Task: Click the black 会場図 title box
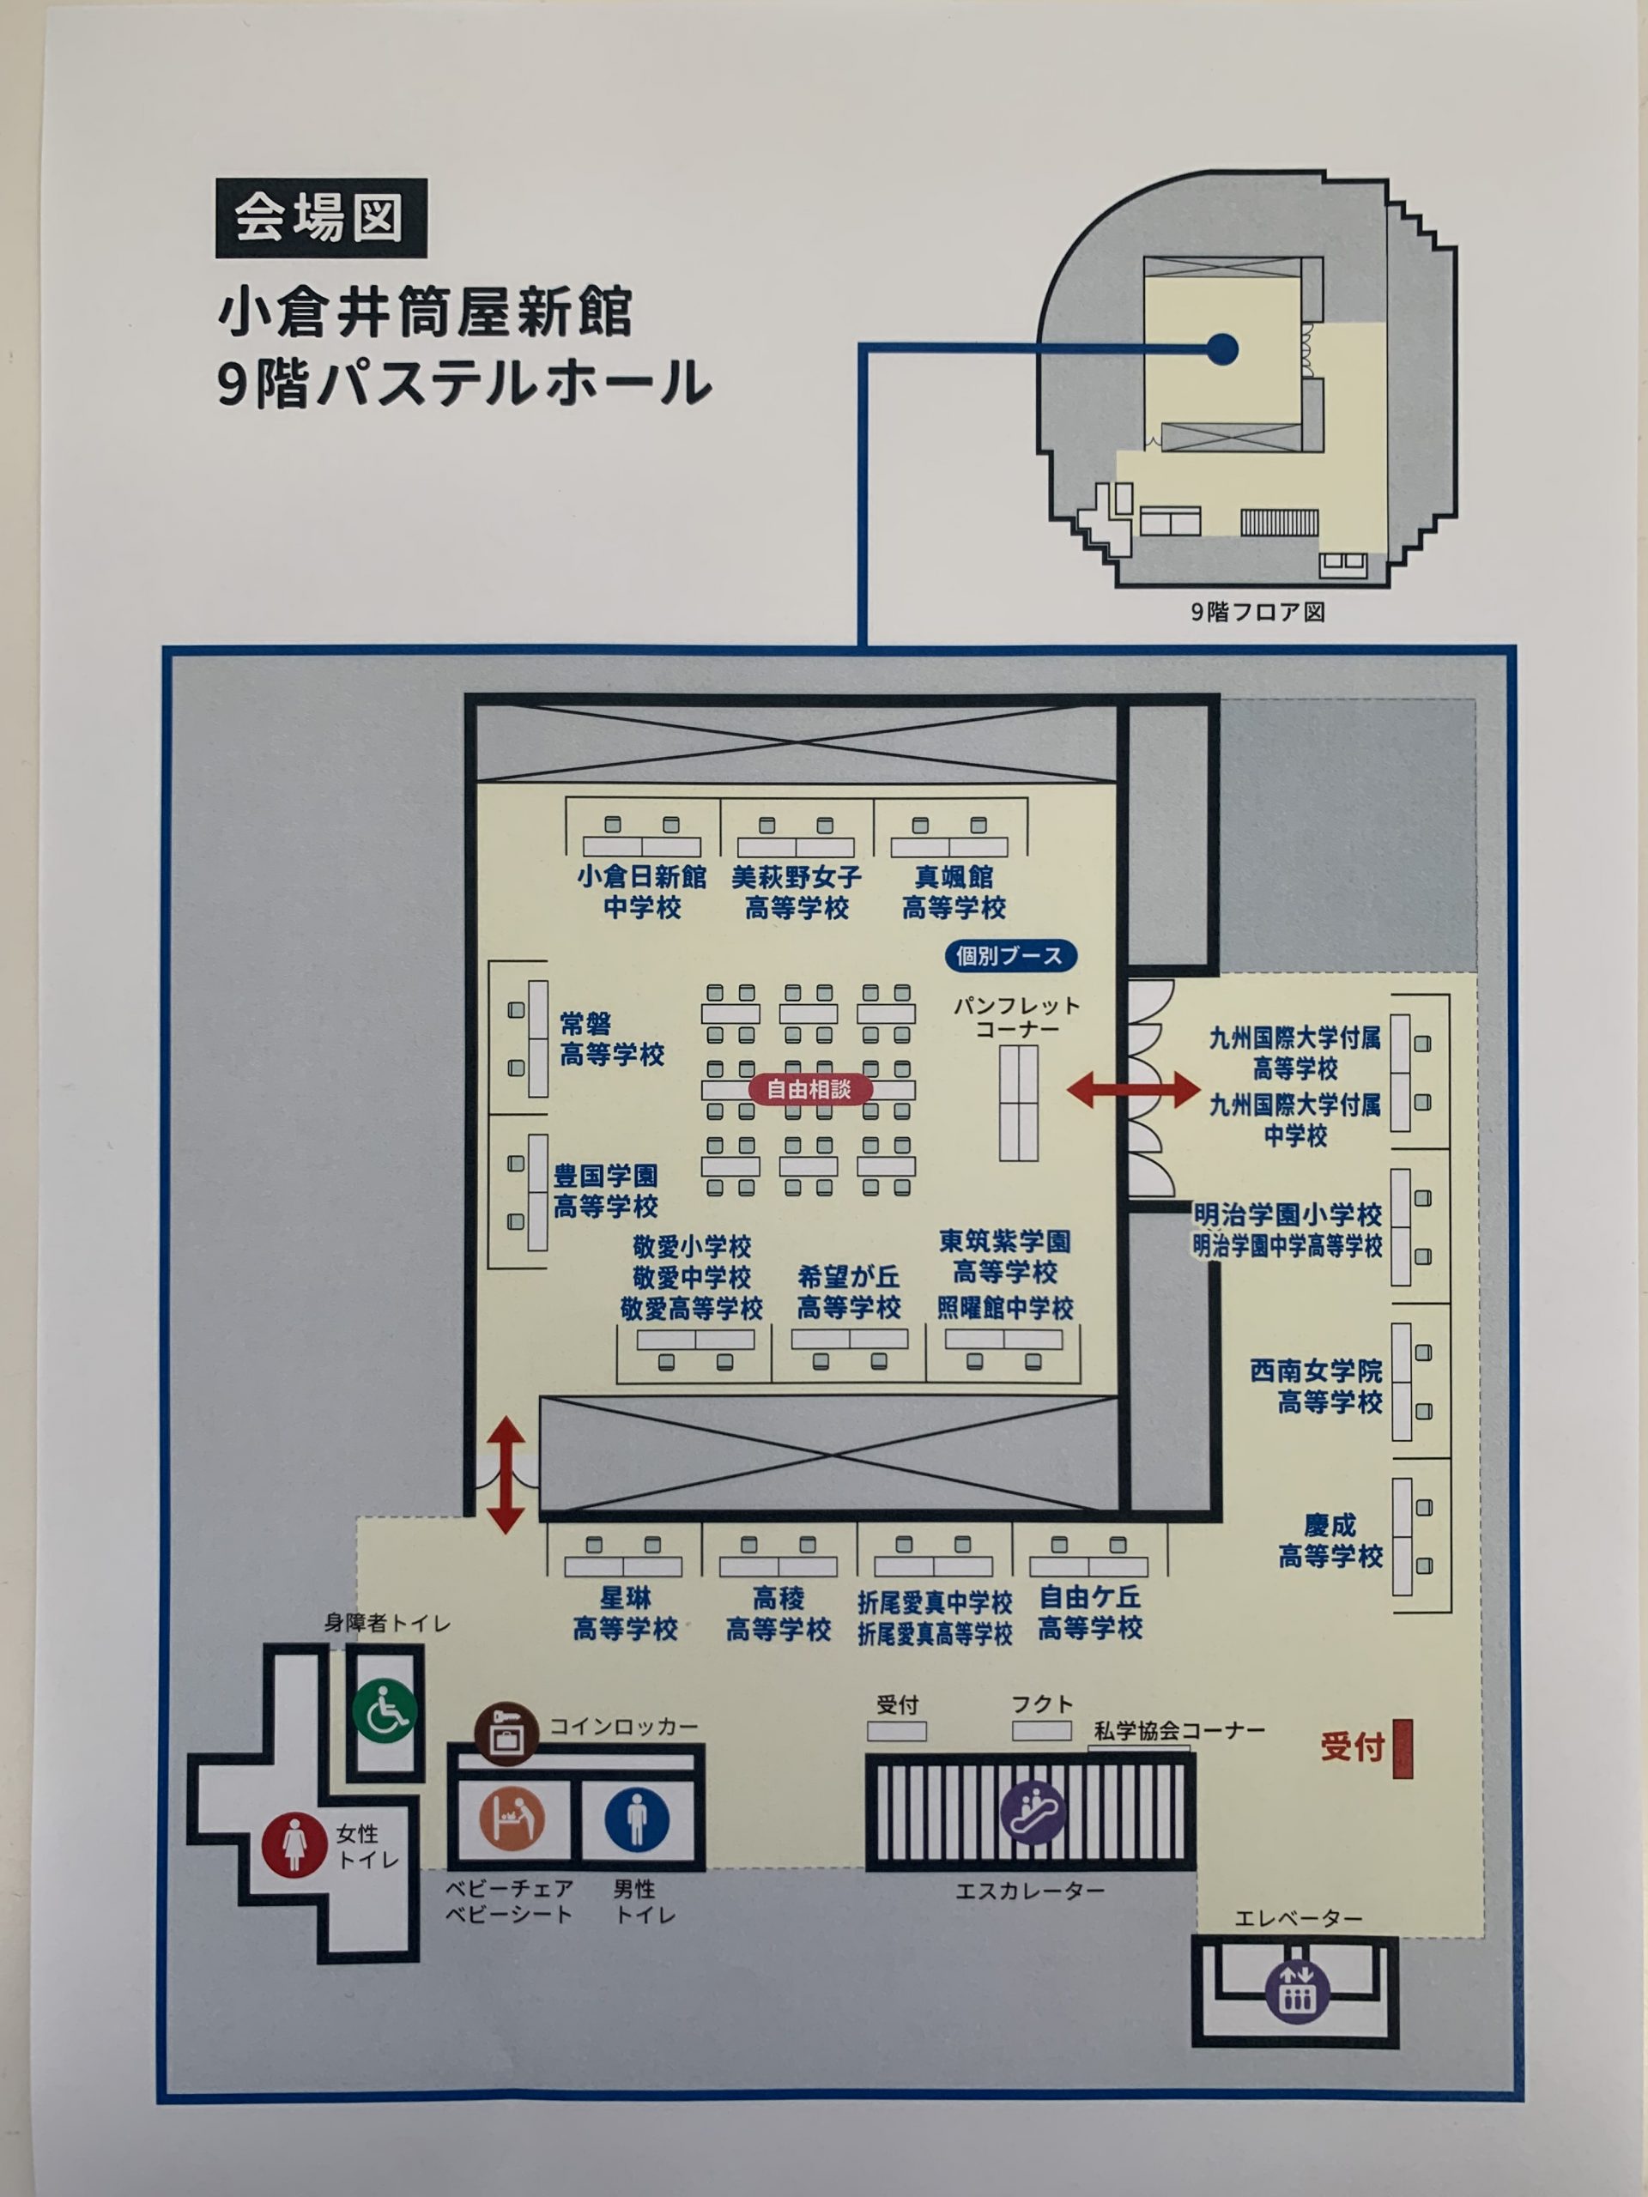click(x=321, y=219)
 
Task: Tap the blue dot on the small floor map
click(x=1223, y=348)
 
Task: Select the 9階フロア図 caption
click(x=1257, y=612)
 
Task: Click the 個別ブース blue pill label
click(x=1009, y=955)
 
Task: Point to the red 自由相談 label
click(x=808, y=1088)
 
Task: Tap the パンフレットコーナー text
click(x=1016, y=1018)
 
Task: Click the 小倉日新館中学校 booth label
click(x=642, y=892)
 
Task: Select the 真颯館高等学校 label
click(x=954, y=892)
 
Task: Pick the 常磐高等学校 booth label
click(x=612, y=1039)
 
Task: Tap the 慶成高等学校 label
click(x=1330, y=1540)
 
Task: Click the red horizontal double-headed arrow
click(x=1132, y=1090)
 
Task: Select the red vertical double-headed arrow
click(x=506, y=1475)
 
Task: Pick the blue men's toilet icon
click(x=637, y=1819)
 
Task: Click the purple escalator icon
click(x=1033, y=1813)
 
